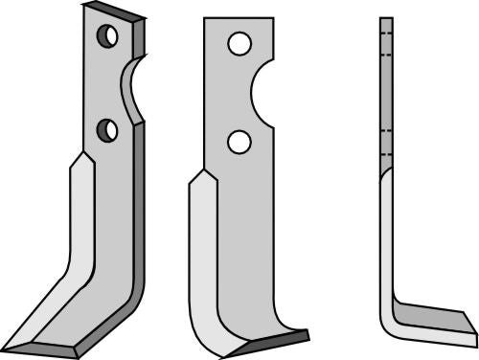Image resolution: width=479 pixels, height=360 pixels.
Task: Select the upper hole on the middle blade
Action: coord(239,44)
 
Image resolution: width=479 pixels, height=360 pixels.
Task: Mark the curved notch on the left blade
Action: coord(131,88)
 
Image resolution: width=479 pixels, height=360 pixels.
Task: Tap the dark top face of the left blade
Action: coord(115,11)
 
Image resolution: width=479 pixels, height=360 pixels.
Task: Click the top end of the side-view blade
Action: coord(386,19)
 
